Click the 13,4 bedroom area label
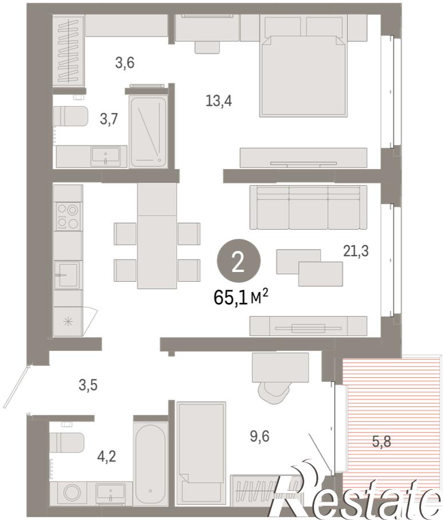(x=218, y=100)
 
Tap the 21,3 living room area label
(x=356, y=251)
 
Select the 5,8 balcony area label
(x=382, y=441)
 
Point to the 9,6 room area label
(x=260, y=436)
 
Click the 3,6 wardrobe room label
(x=125, y=62)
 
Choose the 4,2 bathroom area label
(x=106, y=457)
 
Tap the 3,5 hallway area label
(x=88, y=385)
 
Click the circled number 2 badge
(x=239, y=261)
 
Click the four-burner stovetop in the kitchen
(x=69, y=216)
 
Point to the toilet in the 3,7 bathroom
(x=70, y=116)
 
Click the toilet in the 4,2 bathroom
(x=66, y=442)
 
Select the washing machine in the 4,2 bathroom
(x=70, y=493)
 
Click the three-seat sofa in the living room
(x=309, y=207)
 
